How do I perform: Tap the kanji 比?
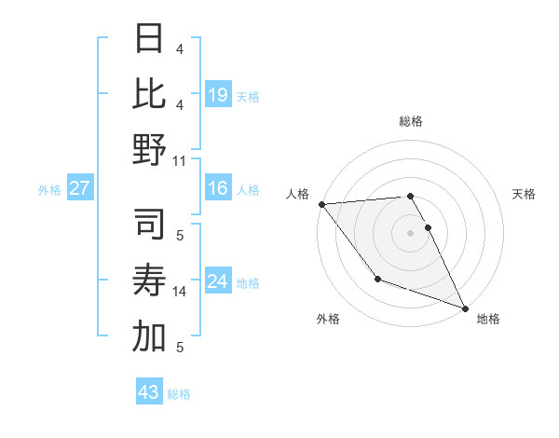pos(149,95)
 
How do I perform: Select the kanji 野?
pos(149,149)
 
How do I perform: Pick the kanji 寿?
pos(149,282)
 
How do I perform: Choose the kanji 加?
pos(149,336)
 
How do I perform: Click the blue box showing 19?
pos(217,95)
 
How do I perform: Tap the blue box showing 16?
pos(217,188)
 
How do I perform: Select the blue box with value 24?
pos(217,281)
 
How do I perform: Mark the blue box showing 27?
pos(80,188)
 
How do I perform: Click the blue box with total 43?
pos(149,392)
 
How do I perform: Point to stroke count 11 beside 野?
pos(180,160)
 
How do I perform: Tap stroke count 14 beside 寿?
pos(180,292)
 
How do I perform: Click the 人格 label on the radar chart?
pos(299,193)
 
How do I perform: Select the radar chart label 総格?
pos(411,121)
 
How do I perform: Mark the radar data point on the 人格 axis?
pos(321,203)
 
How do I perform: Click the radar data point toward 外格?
pos(377,279)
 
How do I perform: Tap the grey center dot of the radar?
pos(411,232)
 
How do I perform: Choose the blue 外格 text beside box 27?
pos(49,189)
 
